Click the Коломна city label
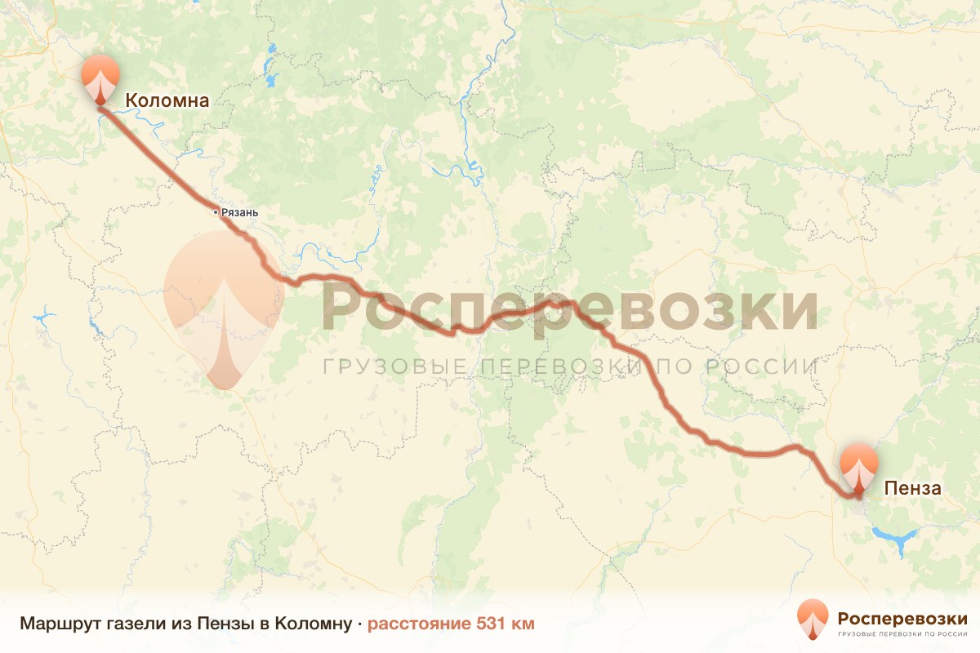(167, 100)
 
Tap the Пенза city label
(913, 488)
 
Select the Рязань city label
(239, 213)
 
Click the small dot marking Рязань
(216, 212)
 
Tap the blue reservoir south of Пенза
(896, 540)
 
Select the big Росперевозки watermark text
(570, 307)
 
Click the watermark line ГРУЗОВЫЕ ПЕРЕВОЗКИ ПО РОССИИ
(570, 366)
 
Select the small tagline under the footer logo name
(902, 633)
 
